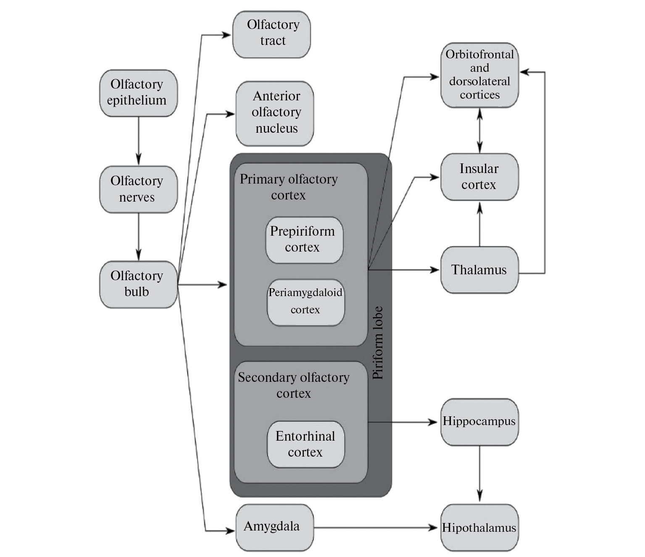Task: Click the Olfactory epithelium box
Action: tap(138, 93)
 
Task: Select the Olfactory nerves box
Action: tap(138, 189)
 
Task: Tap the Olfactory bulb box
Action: tap(138, 284)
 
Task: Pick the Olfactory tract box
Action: tap(272, 34)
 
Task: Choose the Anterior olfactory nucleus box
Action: tap(275, 113)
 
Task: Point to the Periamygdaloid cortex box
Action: tap(305, 302)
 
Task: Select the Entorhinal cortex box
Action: tap(305, 444)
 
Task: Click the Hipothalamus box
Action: tap(479, 527)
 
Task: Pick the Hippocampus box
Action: tap(479, 422)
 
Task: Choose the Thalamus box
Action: tap(479, 270)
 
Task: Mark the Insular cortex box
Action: tap(479, 176)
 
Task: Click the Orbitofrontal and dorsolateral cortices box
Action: tap(479, 75)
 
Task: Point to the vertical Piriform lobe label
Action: tap(379, 343)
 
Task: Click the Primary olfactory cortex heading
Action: tap(289, 187)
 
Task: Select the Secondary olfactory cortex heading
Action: tap(294, 385)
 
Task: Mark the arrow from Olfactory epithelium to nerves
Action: tap(138, 141)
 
